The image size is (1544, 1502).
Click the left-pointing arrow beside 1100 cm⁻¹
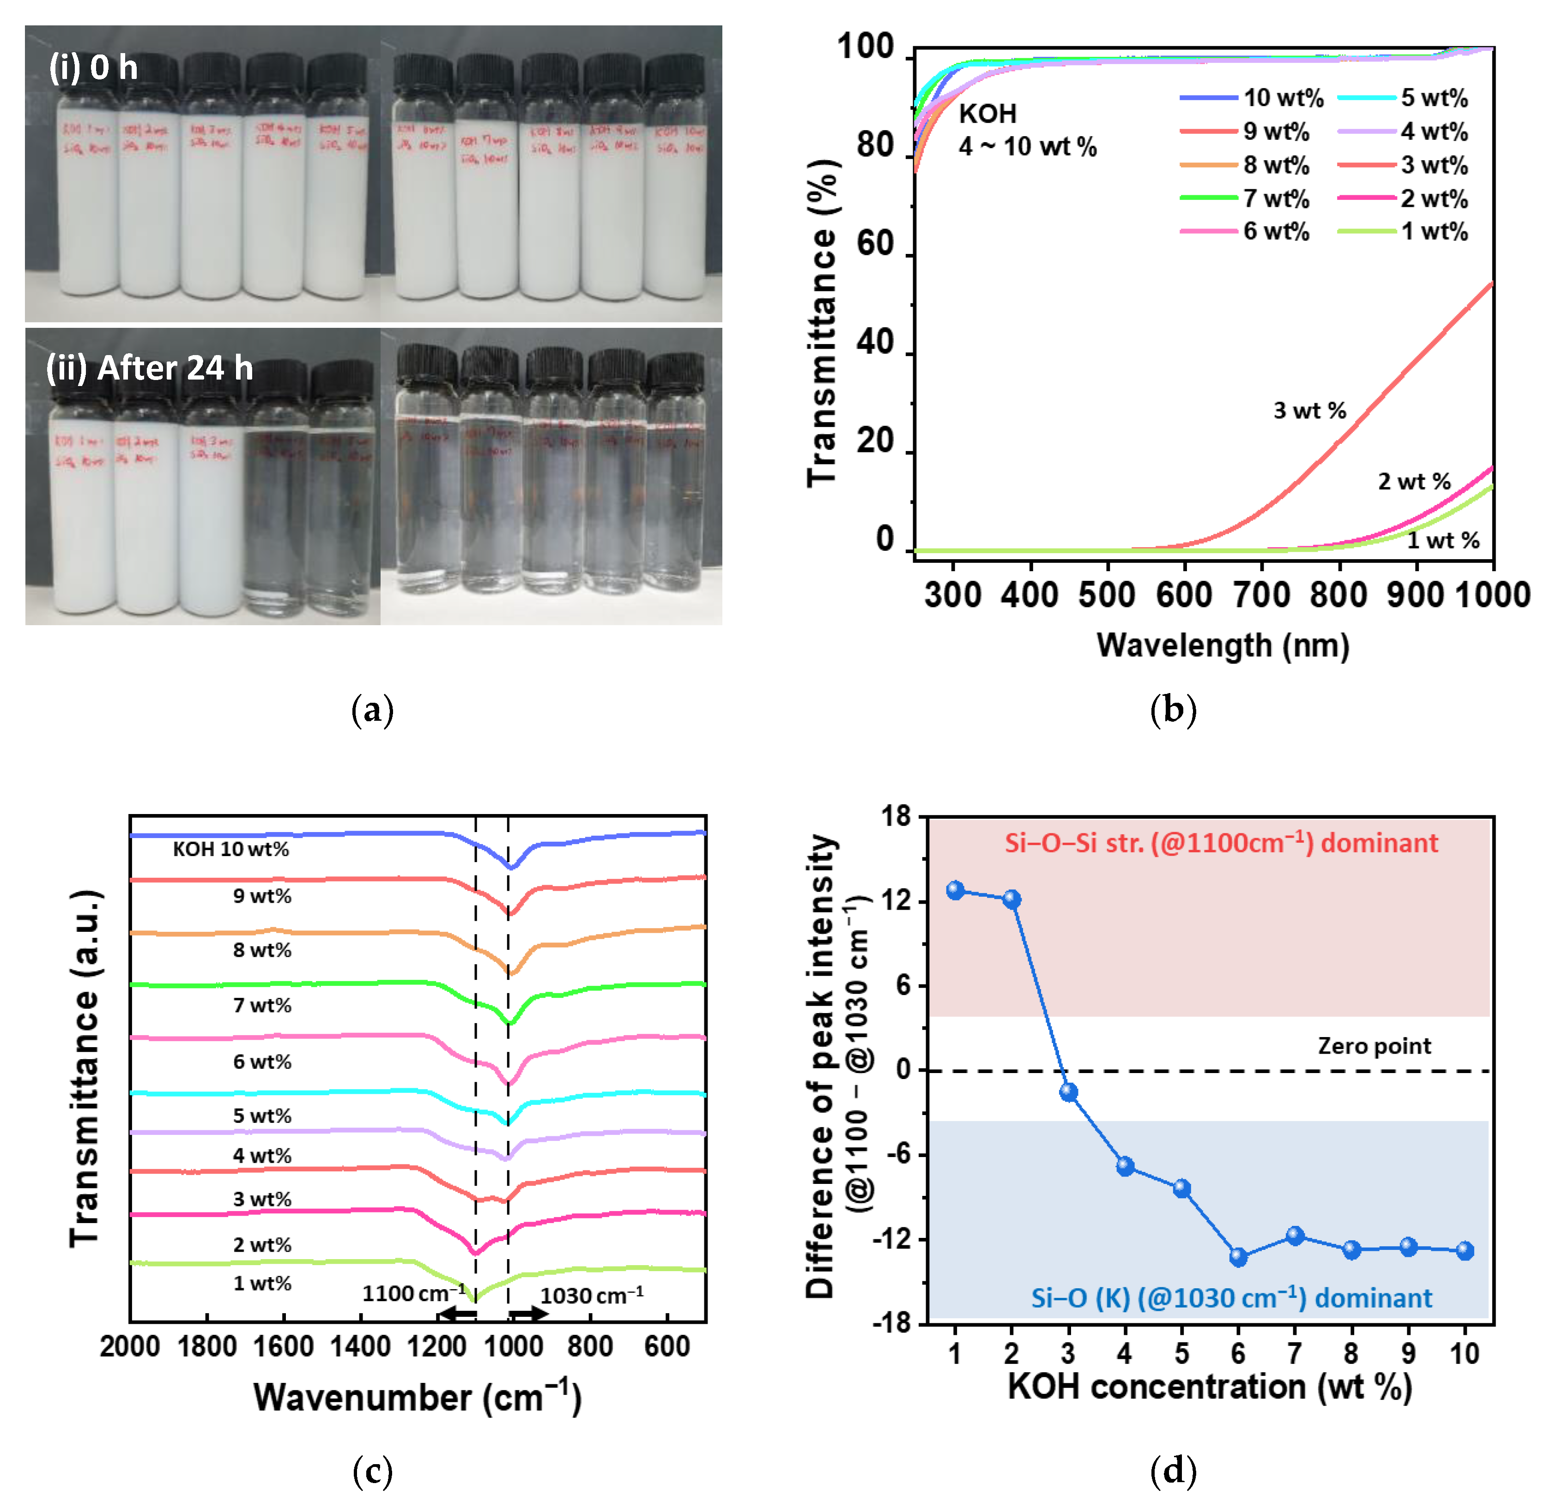coord(458,1314)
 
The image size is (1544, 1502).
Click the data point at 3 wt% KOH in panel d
coord(1068,1092)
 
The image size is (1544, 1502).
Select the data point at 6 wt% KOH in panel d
coord(1238,1257)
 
